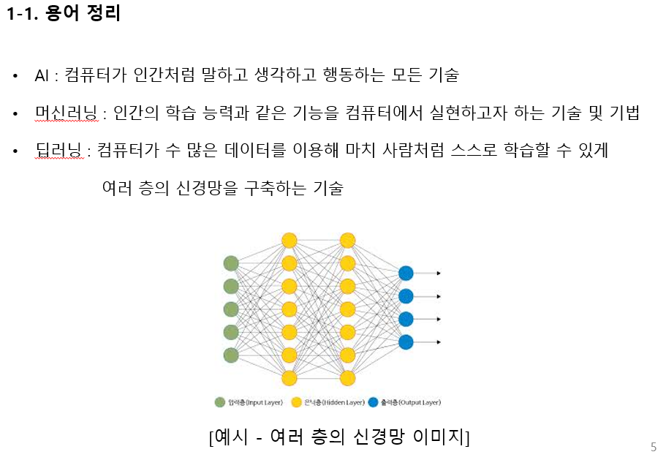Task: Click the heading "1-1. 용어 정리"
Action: pos(63,15)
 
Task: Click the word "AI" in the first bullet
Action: pos(41,75)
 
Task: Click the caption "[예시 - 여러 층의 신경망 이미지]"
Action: pos(339,437)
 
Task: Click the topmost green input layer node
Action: pos(231,263)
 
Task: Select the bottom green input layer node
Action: pos(231,355)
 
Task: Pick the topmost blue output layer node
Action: pos(406,273)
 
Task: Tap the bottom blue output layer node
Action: pos(406,342)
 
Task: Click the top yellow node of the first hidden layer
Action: pos(289,240)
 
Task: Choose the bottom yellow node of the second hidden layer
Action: pos(347,378)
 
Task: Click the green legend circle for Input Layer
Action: pos(220,402)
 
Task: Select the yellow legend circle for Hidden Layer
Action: pos(297,402)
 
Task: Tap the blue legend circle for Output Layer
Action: pos(373,402)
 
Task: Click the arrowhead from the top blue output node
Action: pos(438,273)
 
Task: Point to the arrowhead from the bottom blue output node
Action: pos(438,342)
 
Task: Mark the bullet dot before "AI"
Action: pos(15,75)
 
